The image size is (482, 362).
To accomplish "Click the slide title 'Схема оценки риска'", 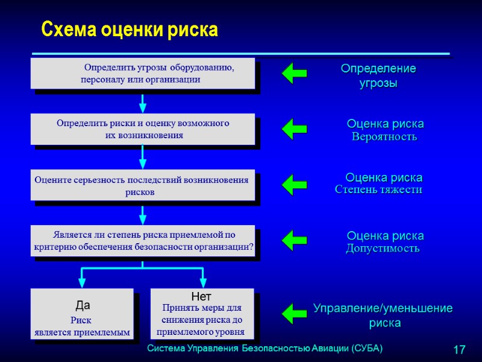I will click(x=129, y=30).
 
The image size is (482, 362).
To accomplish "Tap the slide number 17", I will click(x=459, y=349).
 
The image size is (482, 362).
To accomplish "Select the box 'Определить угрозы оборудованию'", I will click(x=143, y=74).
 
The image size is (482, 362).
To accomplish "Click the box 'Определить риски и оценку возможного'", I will click(x=143, y=129).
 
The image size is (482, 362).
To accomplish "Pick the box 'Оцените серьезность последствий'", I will click(x=143, y=186).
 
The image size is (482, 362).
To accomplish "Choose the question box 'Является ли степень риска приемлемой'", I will click(x=143, y=241).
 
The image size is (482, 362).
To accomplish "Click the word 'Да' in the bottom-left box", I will click(x=83, y=305).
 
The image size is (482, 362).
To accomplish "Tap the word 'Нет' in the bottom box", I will click(x=201, y=297).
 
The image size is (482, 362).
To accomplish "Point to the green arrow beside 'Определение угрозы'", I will click(x=294, y=74).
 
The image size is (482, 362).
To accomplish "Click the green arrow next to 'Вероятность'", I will click(x=294, y=129).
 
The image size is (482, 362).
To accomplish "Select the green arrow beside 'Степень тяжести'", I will click(x=294, y=185).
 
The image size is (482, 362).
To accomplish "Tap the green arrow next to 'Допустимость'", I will click(x=294, y=240).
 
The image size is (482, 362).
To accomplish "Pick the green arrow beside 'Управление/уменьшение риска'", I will click(x=294, y=314).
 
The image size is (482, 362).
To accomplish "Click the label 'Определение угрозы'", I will click(x=378, y=76).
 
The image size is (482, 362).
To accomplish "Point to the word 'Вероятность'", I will click(x=384, y=137).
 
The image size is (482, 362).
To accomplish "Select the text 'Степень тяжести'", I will click(x=378, y=190).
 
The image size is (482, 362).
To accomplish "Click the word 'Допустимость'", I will click(x=382, y=248).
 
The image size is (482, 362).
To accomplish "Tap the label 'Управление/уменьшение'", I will click(x=383, y=309).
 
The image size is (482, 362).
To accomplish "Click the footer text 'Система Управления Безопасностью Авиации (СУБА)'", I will click(x=265, y=349).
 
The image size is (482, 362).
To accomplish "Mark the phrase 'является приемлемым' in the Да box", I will click(x=83, y=332).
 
